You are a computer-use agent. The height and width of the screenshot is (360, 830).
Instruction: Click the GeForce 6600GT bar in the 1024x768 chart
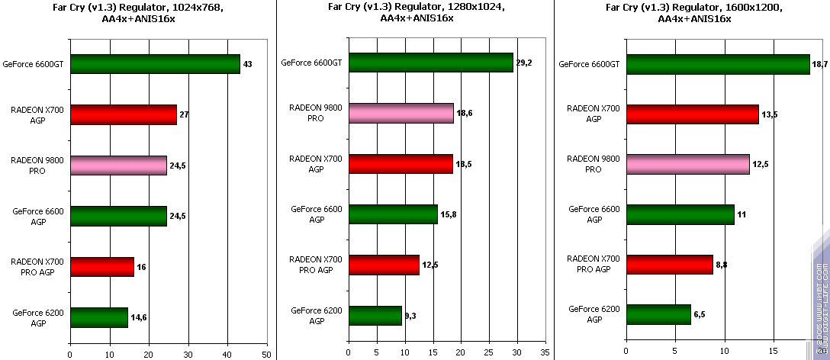coord(155,64)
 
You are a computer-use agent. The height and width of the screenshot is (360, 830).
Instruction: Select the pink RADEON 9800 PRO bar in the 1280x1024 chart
coord(401,113)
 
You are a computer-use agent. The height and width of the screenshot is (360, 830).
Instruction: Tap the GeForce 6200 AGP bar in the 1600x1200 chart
coord(658,313)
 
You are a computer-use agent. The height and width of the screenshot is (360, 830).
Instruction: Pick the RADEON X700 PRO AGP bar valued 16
coord(101,267)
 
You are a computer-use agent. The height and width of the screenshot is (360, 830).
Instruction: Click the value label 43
coord(247,65)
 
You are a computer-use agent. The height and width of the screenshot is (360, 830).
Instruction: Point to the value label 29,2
coord(524,63)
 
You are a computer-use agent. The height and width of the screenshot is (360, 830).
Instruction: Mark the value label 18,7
coord(820,65)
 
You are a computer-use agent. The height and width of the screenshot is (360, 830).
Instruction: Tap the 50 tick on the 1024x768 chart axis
coord(266,354)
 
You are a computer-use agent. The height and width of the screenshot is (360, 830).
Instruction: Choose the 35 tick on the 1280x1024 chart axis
coord(544,354)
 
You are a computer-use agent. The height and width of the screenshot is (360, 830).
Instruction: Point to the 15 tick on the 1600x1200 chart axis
coord(774,354)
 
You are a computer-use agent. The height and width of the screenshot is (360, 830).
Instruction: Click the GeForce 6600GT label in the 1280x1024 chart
coord(311,63)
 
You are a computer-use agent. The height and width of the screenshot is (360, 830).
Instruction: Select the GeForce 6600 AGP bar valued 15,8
coord(393,214)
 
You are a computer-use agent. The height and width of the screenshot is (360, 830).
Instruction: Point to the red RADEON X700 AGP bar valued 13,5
coord(692,114)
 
